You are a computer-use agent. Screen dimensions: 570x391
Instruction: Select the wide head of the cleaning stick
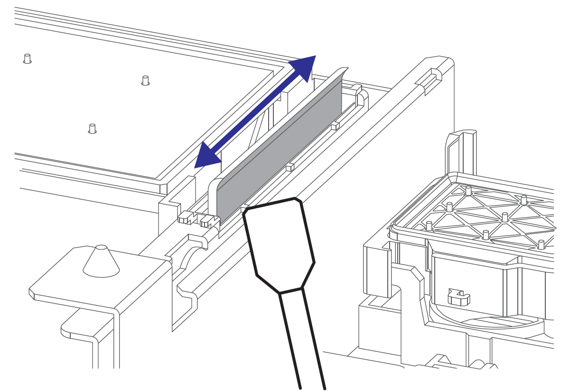click(279, 245)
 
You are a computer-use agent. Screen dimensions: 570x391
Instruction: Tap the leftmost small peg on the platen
click(28, 58)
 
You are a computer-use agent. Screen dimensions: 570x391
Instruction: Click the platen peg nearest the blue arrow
click(146, 80)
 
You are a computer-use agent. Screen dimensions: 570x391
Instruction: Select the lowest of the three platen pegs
click(93, 128)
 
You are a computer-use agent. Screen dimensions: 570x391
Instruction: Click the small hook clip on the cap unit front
click(458, 298)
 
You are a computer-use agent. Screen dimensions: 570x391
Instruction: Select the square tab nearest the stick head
click(245, 208)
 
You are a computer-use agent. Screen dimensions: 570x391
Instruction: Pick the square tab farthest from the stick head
click(335, 125)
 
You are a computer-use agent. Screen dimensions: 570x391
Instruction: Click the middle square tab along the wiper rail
click(290, 167)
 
